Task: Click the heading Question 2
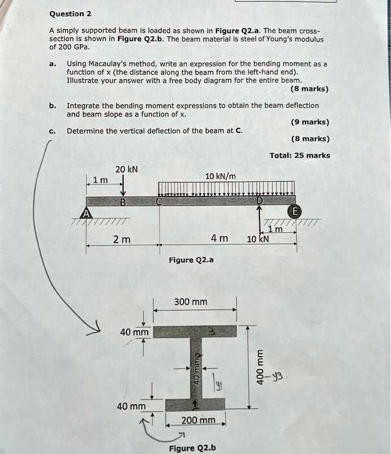click(x=71, y=14)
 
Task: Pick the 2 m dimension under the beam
click(x=122, y=239)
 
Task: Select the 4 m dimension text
click(x=219, y=239)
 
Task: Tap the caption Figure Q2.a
click(x=191, y=260)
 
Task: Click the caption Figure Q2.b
click(x=192, y=448)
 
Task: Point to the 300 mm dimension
click(x=191, y=302)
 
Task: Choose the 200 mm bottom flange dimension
click(x=198, y=420)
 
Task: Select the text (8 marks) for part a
click(x=309, y=90)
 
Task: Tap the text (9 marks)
click(x=309, y=122)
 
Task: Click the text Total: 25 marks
click(x=300, y=155)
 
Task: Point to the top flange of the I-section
click(x=195, y=331)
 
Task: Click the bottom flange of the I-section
click(x=195, y=405)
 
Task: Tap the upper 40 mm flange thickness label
click(x=134, y=332)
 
